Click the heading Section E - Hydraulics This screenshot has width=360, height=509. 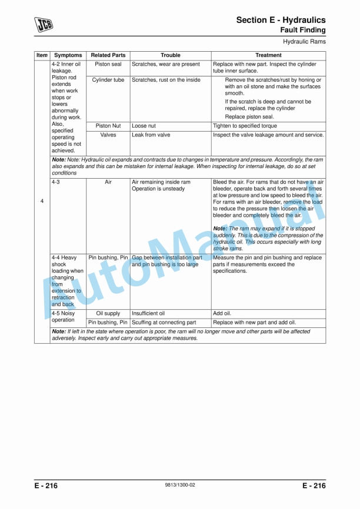[281, 20]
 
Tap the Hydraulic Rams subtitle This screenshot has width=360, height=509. [304, 42]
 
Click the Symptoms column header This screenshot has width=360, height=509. [68, 55]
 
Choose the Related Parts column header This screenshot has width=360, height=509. [108, 55]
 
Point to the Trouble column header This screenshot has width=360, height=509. [171, 55]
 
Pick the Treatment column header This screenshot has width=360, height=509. [268, 55]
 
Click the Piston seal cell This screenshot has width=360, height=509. [108, 64]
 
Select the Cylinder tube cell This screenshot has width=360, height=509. [108, 80]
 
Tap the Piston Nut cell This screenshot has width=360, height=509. [108, 126]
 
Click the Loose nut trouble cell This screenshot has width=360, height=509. [144, 126]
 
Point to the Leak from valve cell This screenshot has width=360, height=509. [151, 135]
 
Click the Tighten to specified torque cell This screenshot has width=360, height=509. [245, 126]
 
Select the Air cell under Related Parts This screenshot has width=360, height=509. [108, 182]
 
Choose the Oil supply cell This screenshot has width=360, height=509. [108, 313]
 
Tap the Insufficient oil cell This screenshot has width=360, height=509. [148, 313]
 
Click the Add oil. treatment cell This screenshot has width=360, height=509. [224, 313]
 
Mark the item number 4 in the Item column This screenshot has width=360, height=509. [42, 202]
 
